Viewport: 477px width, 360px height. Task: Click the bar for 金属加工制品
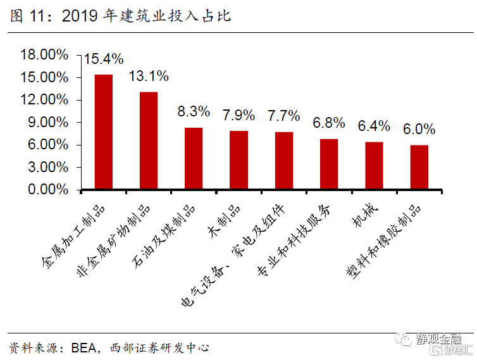(x=104, y=132)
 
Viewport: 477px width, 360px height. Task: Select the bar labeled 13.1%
(x=149, y=140)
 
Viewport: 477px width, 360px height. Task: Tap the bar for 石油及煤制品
(x=194, y=158)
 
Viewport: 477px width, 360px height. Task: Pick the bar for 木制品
(x=238, y=159)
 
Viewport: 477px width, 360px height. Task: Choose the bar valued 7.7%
(x=284, y=160)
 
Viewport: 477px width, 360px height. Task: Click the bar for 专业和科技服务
(x=329, y=164)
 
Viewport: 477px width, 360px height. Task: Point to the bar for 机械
(x=374, y=165)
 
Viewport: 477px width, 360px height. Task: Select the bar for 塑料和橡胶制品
(x=419, y=167)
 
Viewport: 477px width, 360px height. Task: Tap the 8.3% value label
(x=194, y=112)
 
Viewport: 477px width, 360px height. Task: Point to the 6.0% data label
(x=419, y=129)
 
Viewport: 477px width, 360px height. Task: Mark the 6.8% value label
(x=329, y=123)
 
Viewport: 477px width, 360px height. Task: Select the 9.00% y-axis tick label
(x=47, y=122)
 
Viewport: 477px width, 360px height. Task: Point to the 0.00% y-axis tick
(x=47, y=190)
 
